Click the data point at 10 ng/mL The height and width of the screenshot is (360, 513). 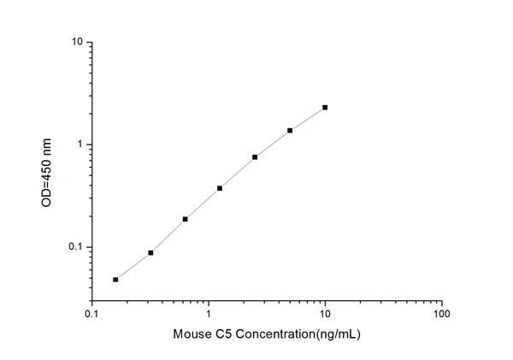coord(325,108)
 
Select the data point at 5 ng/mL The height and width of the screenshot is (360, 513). coord(290,130)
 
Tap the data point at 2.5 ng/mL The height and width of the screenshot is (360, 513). coord(255,157)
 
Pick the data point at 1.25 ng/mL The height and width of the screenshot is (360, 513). coord(220,188)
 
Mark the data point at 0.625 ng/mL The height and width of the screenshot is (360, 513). coord(185,219)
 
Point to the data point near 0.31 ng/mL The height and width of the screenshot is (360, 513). coord(150,252)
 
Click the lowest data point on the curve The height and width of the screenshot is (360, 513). coord(115,279)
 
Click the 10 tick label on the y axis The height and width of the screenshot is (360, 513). coord(76,42)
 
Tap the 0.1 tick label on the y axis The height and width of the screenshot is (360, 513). coord(74,247)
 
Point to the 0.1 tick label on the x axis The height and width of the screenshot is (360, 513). coord(91,314)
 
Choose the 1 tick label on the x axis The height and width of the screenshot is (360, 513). coord(209,314)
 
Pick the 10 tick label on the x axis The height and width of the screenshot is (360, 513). coord(325,314)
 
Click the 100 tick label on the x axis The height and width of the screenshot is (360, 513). coord(441,314)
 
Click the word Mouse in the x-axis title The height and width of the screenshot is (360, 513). coord(190,334)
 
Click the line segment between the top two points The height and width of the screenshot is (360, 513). coord(308,119)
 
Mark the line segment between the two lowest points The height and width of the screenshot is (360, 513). coord(133,266)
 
